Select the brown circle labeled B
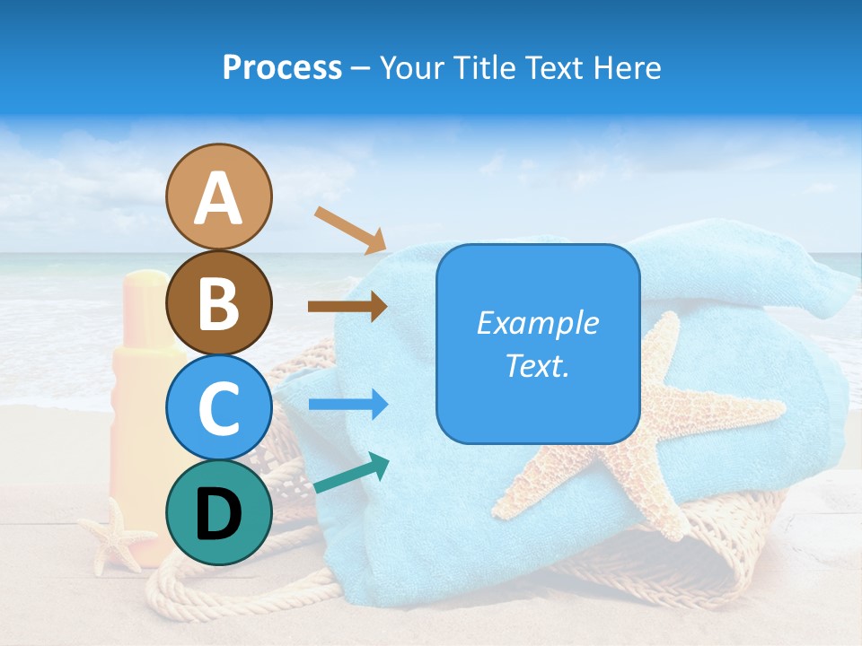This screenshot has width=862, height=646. pyautogui.click(x=219, y=303)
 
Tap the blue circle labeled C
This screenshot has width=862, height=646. pyautogui.click(x=219, y=408)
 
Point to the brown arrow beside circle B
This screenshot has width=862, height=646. pyautogui.click(x=347, y=306)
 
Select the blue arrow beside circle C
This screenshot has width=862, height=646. pyautogui.click(x=347, y=405)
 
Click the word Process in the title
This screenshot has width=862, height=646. pyautogui.click(x=282, y=67)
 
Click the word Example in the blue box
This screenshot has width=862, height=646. pyautogui.click(x=537, y=323)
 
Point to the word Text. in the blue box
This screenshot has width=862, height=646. pyautogui.click(x=537, y=366)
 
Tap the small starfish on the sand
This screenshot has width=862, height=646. pyautogui.click(x=115, y=537)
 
